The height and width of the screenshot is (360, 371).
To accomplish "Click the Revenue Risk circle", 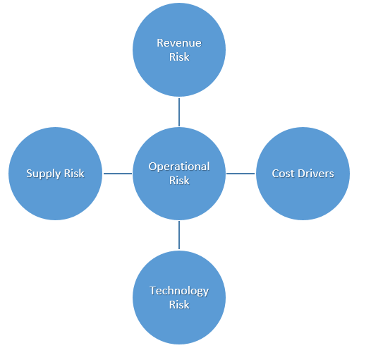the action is click(179, 49).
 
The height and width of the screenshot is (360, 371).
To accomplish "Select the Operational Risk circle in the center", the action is click(179, 174).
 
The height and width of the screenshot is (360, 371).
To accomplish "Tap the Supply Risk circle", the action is click(55, 174).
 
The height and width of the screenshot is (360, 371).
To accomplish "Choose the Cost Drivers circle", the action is click(303, 174).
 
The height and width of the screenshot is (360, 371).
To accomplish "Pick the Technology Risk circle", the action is click(179, 297).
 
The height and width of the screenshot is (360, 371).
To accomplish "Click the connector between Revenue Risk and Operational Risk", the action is click(179, 112).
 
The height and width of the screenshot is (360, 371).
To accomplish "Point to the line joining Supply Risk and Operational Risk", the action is click(118, 174).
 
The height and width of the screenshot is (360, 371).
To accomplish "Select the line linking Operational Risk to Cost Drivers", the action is click(241, 174).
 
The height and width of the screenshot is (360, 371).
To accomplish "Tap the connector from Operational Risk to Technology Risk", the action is click(179, 235).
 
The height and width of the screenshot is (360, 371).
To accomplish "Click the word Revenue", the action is click(179, 43).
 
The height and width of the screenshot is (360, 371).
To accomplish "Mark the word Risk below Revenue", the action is click(179, 57).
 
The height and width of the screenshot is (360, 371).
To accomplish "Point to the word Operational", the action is click(179, 167).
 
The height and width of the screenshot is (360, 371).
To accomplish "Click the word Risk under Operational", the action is click(179, 181).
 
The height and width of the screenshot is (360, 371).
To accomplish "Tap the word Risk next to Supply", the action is click(74, 174).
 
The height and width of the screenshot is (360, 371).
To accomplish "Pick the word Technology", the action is click(179, 291).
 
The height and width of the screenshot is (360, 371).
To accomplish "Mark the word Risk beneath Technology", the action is click(179, 304).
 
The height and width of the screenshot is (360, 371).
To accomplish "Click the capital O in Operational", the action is click(152, 167).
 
